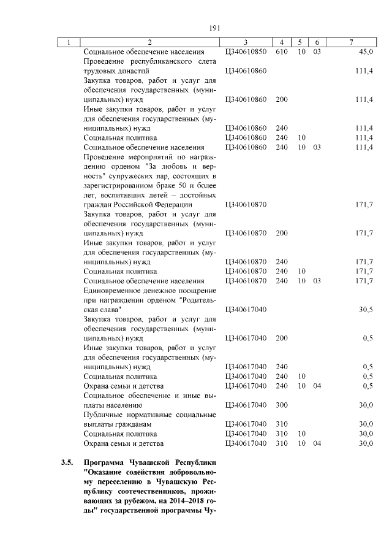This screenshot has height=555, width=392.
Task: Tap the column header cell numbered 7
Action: pos(350,42)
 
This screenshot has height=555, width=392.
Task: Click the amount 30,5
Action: pos(366,310)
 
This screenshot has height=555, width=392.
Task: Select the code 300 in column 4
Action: pos(282,405)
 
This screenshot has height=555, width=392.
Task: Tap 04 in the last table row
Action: pos(317,443)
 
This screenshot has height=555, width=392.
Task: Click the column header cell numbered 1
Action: pos(69,42)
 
